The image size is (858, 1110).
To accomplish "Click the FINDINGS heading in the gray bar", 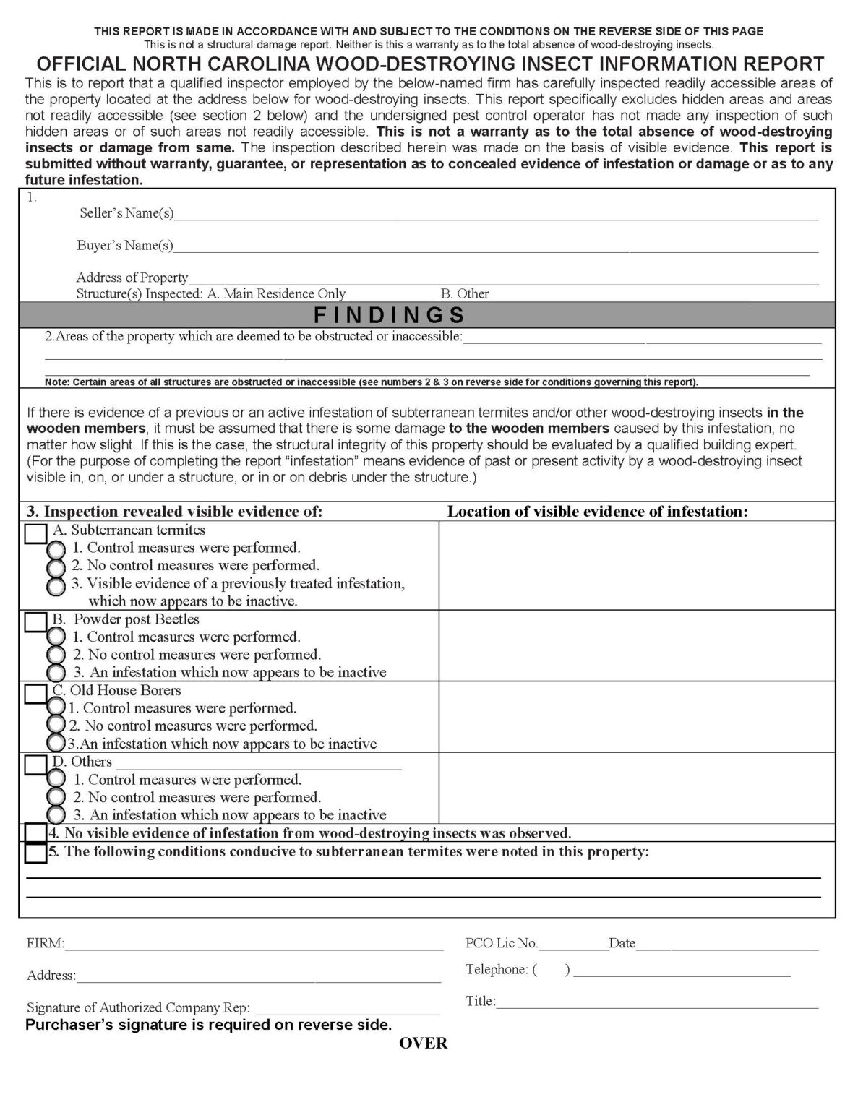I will [389, 315].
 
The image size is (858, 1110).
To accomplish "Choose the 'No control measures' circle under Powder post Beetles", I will [56, 655].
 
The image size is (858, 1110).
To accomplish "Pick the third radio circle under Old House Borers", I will [56, 743].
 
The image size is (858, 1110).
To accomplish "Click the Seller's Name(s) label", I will [126, 213].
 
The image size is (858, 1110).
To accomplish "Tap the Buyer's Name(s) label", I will [125, 246].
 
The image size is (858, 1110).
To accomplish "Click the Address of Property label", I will [132, 277].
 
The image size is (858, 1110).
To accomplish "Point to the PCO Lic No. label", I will [502, 943].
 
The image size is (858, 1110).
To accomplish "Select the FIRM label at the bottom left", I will [46, 944].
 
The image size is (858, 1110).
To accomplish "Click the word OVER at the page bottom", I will [424, 1044].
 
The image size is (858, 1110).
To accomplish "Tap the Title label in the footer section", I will [481, 1002].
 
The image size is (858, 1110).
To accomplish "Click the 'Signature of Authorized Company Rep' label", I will [138, 1008].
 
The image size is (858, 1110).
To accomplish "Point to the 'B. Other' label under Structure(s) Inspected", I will [465, 294].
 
